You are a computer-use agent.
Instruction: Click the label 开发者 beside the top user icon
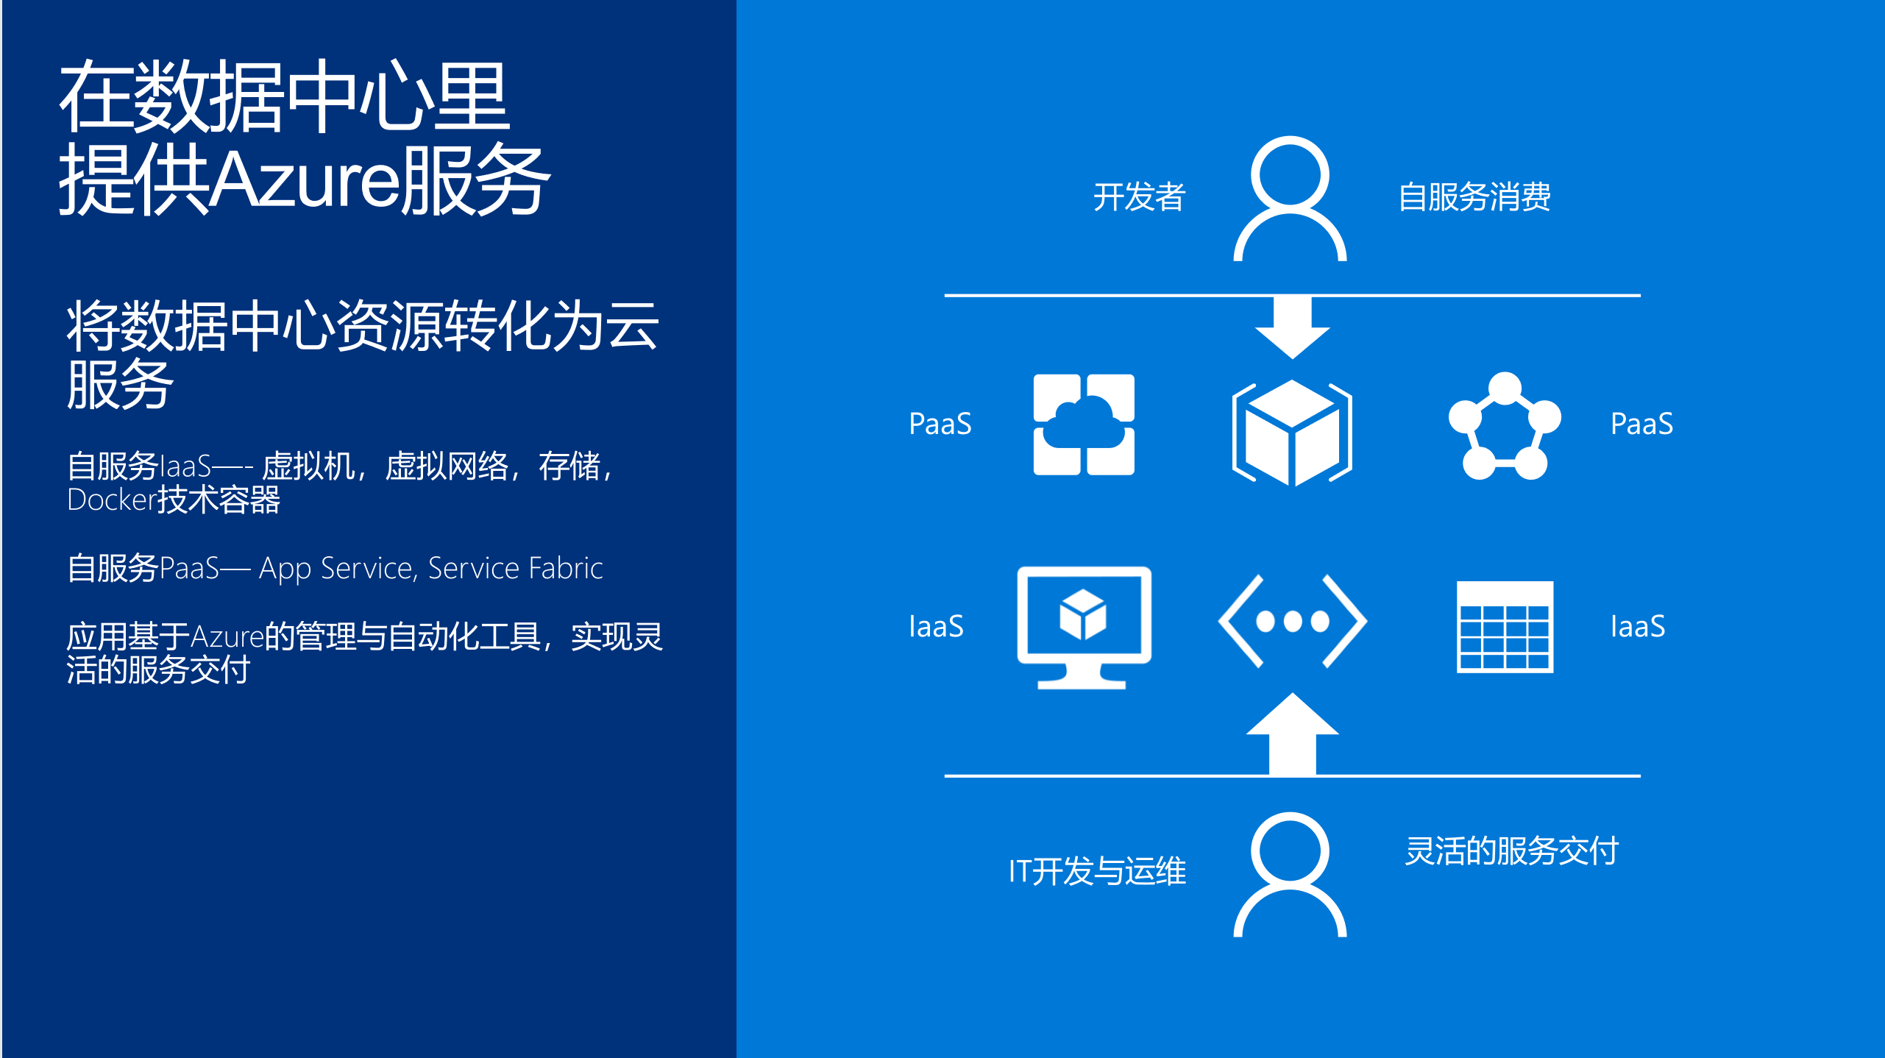coord(1138,197)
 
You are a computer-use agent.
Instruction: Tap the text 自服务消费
coord(1474,197)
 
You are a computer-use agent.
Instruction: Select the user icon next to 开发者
coord(1290,199)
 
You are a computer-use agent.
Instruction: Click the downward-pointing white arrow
coord(1292,328)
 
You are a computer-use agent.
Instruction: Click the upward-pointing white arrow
coord(1292,734)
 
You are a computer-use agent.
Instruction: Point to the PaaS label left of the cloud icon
coord(940,424)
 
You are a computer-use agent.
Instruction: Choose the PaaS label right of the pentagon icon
coord(1641,424)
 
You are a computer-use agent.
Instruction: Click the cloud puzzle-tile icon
coord(1084,425)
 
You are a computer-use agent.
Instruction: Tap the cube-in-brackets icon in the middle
coord(1292,433)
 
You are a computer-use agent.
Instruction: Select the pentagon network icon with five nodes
coord(1505,427)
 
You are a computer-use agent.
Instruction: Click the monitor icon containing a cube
coord(1084,626)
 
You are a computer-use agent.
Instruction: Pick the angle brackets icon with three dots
coord(1292,622)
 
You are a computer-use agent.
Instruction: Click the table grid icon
coord(1505,627)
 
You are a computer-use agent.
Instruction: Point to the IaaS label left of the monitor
coord(936,627)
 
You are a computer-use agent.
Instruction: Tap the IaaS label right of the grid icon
coord(1637,627)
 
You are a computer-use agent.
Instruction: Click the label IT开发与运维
coord(1097,871)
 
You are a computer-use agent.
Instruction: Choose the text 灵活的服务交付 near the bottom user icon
coord(1511,851)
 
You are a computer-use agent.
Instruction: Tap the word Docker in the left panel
coord(111,500)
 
